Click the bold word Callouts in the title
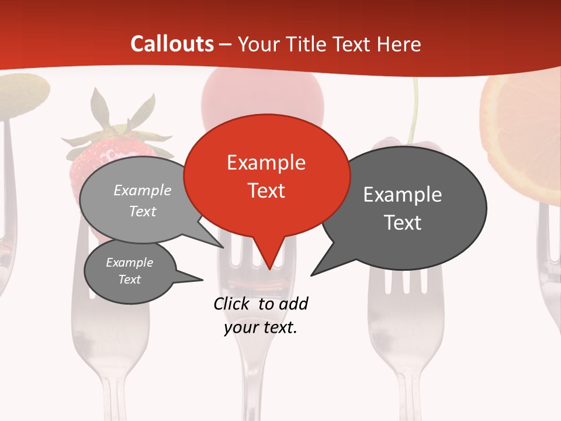point(172,44)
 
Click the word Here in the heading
point(399,44)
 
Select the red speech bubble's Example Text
point(266,176)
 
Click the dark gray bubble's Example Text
point(402,208)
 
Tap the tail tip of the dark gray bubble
point(312,274)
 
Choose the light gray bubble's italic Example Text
point(142,201)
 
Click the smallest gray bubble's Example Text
point(129,271)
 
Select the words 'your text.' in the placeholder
point(260,327)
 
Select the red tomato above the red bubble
point(263,96)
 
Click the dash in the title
point(226,44)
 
